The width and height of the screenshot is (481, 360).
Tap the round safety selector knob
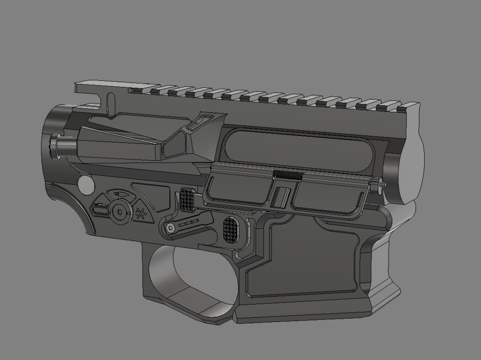coord(121,212)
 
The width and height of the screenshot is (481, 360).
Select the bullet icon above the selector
coord(120,194)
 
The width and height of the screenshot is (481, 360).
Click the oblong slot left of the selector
coord(101,211)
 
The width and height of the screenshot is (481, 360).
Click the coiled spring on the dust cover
coord(288,175)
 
